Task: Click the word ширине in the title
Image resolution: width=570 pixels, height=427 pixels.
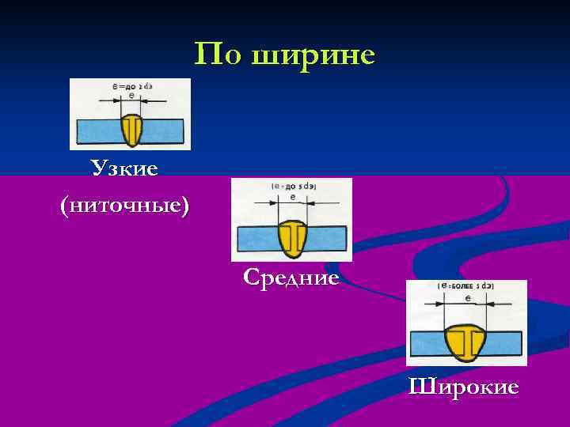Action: point(313,55)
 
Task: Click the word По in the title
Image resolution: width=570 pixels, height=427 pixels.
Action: point(217,55)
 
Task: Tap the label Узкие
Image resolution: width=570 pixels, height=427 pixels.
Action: point(124,168)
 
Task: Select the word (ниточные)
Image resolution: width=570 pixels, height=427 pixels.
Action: point(124,205)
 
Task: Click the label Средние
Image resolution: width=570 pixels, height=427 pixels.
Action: point(291,277)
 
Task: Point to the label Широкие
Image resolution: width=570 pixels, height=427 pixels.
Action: point(464,387)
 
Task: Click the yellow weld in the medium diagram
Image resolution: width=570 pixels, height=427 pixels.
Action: point(292,238)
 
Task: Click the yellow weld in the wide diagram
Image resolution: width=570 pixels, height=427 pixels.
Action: point(467,342)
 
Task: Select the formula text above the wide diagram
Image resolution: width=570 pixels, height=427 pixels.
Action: point(466,287)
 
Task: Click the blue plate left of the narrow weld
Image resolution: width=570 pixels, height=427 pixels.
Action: point(96,128)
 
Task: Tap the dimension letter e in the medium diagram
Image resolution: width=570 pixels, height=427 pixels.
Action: point(293,197)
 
